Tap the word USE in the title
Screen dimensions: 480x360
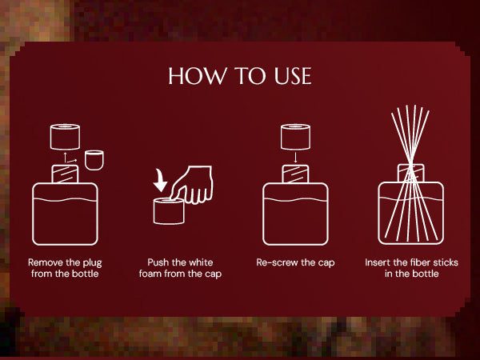point(293,76)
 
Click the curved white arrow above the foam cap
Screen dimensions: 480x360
point(160,181)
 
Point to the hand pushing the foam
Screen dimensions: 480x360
point(192,185)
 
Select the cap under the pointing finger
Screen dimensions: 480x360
point(169,211)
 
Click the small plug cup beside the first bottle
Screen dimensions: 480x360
point(94,160)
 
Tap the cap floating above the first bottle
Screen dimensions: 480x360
point(65,137)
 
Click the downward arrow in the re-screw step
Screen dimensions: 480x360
point(295,158)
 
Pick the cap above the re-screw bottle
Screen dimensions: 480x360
point(295,137)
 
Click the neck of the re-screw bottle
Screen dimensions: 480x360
point(295,174)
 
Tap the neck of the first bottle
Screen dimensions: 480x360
point(65,174)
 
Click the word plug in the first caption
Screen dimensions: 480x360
point(92,263)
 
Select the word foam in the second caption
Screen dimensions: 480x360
point(150,274)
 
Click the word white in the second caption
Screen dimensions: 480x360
point(201,262)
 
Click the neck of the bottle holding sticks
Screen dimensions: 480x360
point(411,174)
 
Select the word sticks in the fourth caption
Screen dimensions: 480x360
point(446,262)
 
